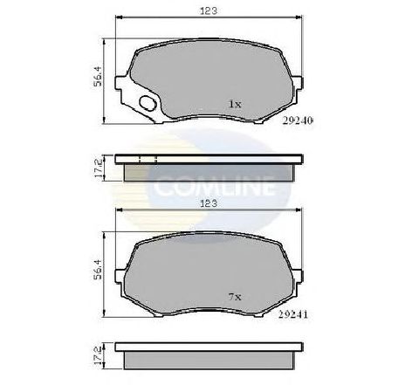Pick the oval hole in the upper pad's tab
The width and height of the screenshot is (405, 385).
click(x=149, y=106)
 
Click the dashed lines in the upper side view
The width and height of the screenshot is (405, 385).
click(x=148, y=160)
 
